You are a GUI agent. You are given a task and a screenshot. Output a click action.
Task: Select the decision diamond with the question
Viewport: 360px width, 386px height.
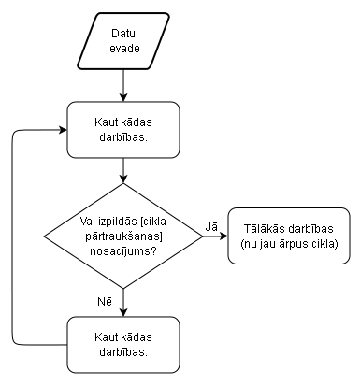pos(124,237)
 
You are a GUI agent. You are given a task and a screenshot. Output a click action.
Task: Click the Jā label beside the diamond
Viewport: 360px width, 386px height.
pos(211,226)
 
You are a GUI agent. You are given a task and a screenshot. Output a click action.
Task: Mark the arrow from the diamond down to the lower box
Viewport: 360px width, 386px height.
pos(124,301)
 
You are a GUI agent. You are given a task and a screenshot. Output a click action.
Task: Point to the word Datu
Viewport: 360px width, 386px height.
pos(124,34)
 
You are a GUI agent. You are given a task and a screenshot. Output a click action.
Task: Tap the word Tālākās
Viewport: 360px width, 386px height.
pos(267,230)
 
